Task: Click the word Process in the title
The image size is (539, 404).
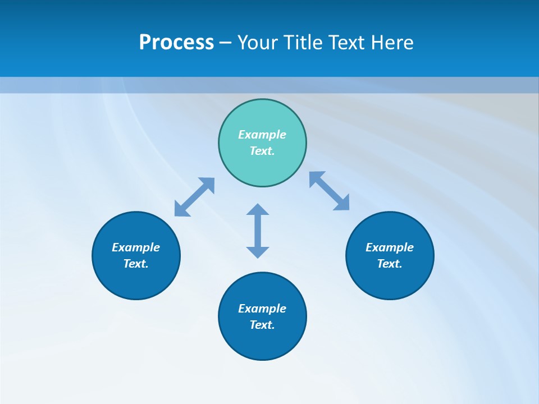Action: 176,43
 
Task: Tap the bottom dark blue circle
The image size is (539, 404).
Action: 262,342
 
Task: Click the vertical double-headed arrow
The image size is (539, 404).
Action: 258,231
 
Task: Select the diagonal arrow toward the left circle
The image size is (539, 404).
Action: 194,197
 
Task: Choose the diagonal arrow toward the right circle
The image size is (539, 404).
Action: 330,191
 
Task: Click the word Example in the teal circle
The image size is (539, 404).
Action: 262,135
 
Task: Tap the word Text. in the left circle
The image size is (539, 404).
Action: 136,264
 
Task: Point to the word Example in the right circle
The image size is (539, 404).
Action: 390,247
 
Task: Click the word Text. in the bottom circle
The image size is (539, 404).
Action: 262,325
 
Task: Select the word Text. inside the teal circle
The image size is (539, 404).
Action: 262,151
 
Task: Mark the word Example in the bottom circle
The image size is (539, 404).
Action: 262,309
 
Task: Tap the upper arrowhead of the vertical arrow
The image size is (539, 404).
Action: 258,210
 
